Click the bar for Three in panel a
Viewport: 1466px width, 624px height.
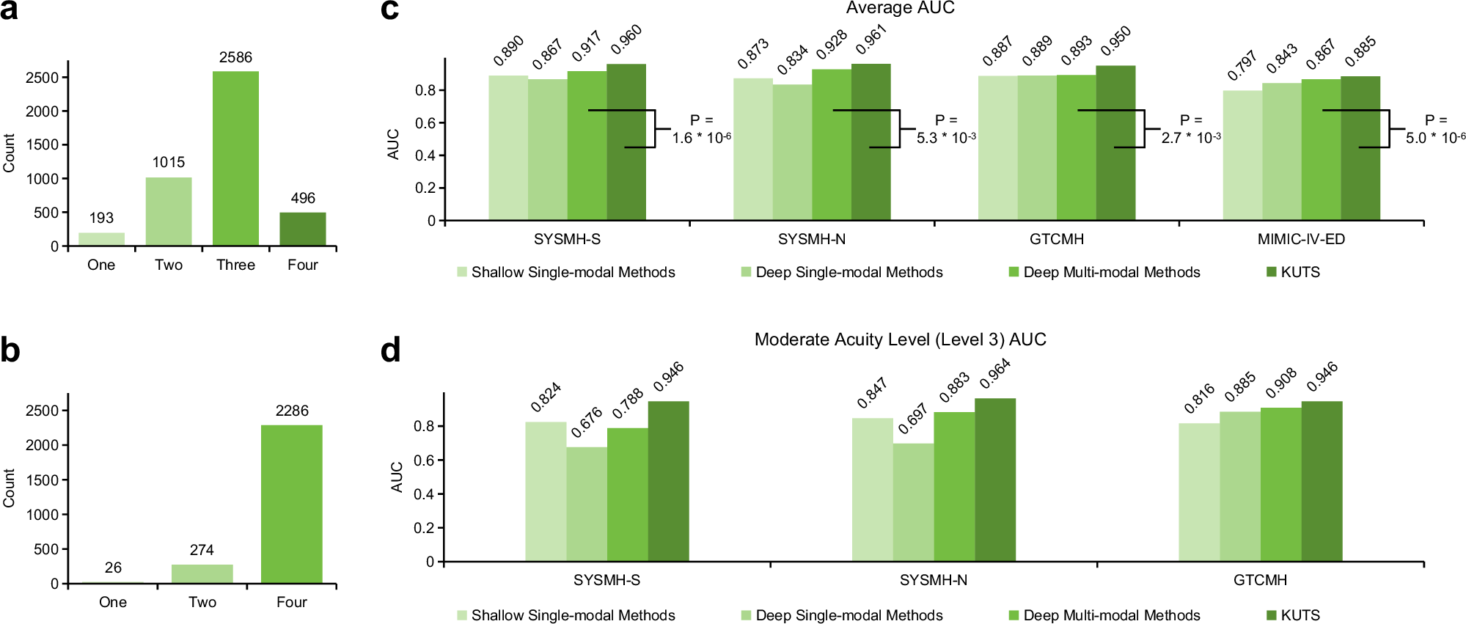[235, 158]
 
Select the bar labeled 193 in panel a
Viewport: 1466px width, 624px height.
[101, 239]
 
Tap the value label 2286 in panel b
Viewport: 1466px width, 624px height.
[291, 411]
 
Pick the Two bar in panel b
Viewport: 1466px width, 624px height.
[202, 574]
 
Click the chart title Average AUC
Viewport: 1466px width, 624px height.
[900, 8]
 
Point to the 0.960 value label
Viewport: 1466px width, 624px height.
[626, 40]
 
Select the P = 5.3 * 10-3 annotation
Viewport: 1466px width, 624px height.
[945, 129]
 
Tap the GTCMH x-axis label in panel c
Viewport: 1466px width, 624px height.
[1056, 239]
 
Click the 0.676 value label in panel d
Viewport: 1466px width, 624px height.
[587, 422]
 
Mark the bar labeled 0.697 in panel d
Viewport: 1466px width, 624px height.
[913, 503]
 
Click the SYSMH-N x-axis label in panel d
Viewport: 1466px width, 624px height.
[933, 580]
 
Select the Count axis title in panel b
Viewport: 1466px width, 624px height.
[9, 488]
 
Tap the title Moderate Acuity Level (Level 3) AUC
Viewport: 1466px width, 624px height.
[900, 339]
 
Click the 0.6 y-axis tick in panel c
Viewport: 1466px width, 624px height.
[425, 123]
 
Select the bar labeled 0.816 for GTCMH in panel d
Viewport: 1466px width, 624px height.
[1198, 492]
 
